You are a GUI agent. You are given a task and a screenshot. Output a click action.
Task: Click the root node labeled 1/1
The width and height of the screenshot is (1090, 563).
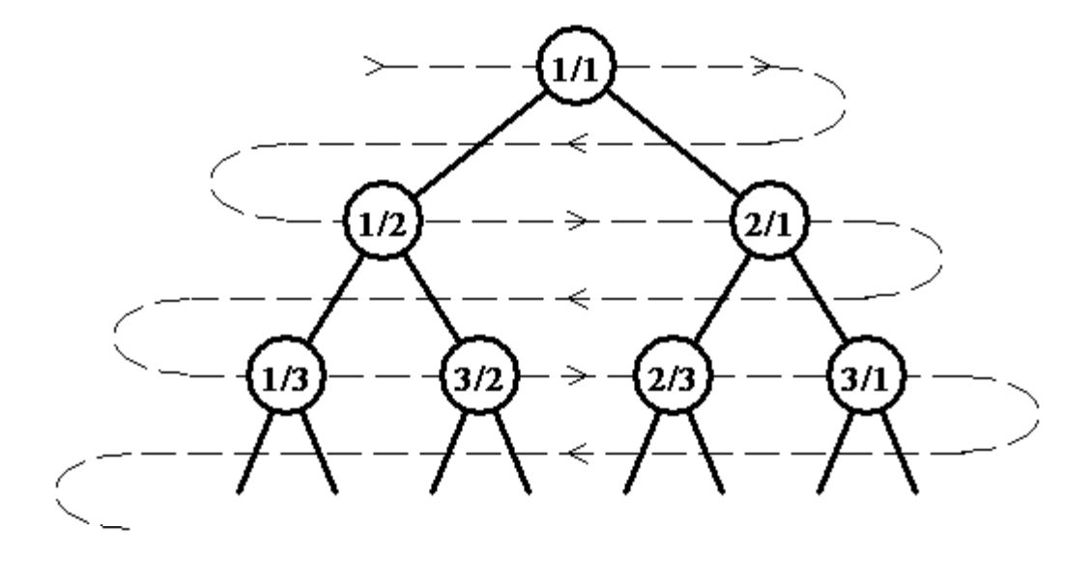[x=576, y=67]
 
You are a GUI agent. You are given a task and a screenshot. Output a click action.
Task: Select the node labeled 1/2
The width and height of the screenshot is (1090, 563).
[x=383, y=222]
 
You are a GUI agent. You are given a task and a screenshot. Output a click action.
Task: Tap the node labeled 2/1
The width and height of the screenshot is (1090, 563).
[x=769, y=222]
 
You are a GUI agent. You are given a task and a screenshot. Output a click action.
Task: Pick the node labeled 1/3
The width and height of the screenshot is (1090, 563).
[x=286, y=376]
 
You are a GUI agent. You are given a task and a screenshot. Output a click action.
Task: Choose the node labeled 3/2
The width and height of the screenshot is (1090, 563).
[x=479, y=376]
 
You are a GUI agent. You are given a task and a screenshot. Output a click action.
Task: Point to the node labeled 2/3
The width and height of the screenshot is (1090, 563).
[x=673, y=376]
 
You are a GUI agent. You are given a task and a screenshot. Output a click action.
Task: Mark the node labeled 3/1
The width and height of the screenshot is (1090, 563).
[x=866, y=376]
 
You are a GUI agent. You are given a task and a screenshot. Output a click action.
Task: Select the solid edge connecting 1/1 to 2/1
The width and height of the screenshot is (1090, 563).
[x=673, y=144]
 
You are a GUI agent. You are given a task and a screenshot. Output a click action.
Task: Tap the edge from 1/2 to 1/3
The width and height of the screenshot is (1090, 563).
[x=335, y=299]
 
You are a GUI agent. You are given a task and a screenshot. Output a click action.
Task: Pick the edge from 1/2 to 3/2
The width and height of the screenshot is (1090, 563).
[x=431, y=299]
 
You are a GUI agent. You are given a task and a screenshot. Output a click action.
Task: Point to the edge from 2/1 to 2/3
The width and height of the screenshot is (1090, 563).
[x=722, y=299]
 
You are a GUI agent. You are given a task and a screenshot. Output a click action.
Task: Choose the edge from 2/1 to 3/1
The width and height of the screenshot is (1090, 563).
[x=817, y=299]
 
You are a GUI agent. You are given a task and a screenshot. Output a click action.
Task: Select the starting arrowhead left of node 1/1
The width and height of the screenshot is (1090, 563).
[x=375, y=66]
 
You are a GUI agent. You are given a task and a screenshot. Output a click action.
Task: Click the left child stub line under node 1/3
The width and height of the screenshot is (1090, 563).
[x=254, y=453]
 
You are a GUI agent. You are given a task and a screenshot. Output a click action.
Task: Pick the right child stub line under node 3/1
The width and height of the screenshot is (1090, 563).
[x=899, y=453]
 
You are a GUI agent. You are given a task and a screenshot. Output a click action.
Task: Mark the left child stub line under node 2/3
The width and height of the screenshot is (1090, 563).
[x=641, y=453]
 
